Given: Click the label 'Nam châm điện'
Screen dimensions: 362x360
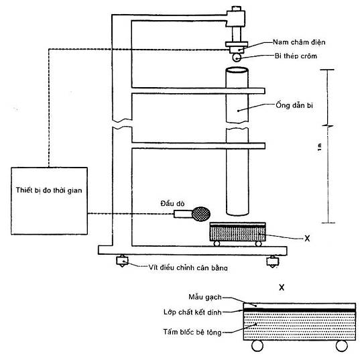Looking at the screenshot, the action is [x=299, y=42].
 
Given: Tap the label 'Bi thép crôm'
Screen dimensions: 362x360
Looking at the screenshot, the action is [x=296, y=56].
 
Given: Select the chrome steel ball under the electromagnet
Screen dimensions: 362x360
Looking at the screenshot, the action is [x=237, y=58].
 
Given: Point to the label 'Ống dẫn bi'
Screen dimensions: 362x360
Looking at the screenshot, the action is [x=294, y=105].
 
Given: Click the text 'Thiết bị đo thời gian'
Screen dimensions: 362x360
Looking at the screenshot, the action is [x=49, y=190].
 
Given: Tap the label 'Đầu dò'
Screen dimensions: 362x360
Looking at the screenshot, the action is [x=173, y=203].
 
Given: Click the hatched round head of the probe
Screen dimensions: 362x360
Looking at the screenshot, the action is [x=201, y=214].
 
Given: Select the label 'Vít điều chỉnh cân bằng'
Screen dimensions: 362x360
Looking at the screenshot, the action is [x=188, y=267].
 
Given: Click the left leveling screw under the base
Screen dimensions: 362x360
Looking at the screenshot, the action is [x=122, y=261].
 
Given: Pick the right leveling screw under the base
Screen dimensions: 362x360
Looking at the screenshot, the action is [x=272, y=261].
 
